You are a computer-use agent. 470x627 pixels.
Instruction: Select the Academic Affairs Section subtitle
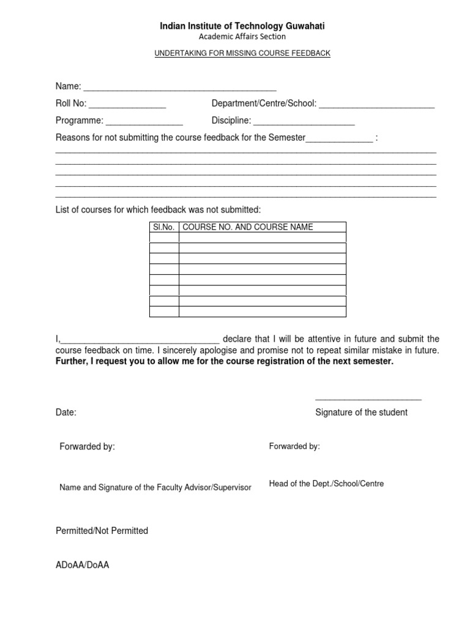tap(243, 37)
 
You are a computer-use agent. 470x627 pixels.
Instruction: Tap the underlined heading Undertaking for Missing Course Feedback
tap(242, 53)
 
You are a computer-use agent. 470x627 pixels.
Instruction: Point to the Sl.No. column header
tap(164, 227)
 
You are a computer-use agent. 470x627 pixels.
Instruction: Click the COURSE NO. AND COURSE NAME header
tap(248, 227)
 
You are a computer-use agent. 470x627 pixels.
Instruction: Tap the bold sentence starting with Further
tap(225, 361)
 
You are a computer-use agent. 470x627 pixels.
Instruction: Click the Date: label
tap(66, 413)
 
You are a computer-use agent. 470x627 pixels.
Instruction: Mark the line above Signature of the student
tap(368, 399)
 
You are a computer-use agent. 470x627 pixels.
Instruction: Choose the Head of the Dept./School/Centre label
tap(326, 484)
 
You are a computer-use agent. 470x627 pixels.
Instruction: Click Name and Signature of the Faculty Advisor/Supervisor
tap(155, 487)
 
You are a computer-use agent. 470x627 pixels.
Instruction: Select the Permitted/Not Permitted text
tap(102, 531)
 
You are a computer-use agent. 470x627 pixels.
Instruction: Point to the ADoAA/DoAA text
tap(82, 565)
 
